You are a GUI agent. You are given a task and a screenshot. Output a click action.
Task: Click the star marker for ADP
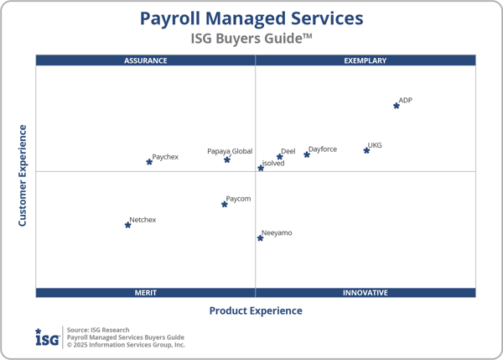397,106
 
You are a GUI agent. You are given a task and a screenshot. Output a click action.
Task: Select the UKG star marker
366,150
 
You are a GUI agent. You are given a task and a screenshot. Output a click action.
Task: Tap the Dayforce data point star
307,154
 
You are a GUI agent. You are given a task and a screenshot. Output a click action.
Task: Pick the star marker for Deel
280,157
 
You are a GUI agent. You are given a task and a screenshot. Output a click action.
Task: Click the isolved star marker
261,169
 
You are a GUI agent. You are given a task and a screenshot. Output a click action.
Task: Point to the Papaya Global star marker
227,159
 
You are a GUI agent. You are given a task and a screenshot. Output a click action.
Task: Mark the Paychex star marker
149,162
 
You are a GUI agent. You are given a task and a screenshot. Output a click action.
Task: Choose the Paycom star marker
225,204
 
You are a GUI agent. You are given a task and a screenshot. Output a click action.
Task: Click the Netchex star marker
127,225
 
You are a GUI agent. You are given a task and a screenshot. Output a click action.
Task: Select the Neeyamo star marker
260,238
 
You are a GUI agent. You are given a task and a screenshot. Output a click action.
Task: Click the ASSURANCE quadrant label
146,60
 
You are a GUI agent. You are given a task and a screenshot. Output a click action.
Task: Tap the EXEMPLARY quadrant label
366,60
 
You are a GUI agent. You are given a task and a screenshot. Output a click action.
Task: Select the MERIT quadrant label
146,293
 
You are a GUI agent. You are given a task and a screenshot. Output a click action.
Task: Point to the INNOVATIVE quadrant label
366,293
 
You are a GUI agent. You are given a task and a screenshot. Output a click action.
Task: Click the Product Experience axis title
256,310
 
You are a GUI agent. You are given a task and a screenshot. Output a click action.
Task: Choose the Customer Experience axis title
23,175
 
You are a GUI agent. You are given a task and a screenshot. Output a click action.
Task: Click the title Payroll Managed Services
251,18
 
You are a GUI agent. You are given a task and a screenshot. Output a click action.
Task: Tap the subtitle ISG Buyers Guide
251,39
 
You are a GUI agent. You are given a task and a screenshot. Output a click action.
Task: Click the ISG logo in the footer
46,337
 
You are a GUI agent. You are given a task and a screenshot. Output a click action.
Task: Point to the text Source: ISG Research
98,330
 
